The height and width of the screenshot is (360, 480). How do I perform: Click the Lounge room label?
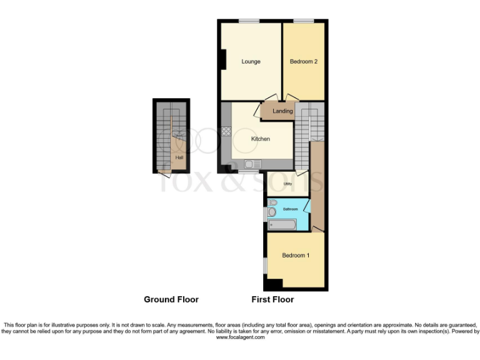click(251, 61)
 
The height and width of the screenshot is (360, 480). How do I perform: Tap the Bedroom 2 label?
click(303, 61)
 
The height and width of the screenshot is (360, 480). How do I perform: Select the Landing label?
click(283, 111)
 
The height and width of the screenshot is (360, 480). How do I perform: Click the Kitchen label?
click(261, 139)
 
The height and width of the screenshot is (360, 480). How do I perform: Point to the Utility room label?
click(288, 184)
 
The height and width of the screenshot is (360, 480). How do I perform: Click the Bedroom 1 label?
click(294, 256)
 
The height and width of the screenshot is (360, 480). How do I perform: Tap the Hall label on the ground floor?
click(179, 157)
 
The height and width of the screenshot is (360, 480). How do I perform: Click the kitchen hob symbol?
click(226, 132)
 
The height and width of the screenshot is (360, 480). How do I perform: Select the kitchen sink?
click(253, 164)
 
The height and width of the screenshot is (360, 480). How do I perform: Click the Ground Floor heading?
click(171, 299)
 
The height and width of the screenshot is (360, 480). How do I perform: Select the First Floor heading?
click(272, 299)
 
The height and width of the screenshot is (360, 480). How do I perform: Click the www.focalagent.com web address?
click(241, 337)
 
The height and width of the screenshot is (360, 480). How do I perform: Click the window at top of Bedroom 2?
click(304, 22)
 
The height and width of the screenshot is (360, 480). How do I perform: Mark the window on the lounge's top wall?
click(249, 22)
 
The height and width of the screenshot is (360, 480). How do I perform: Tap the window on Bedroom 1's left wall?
click(266, 266)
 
